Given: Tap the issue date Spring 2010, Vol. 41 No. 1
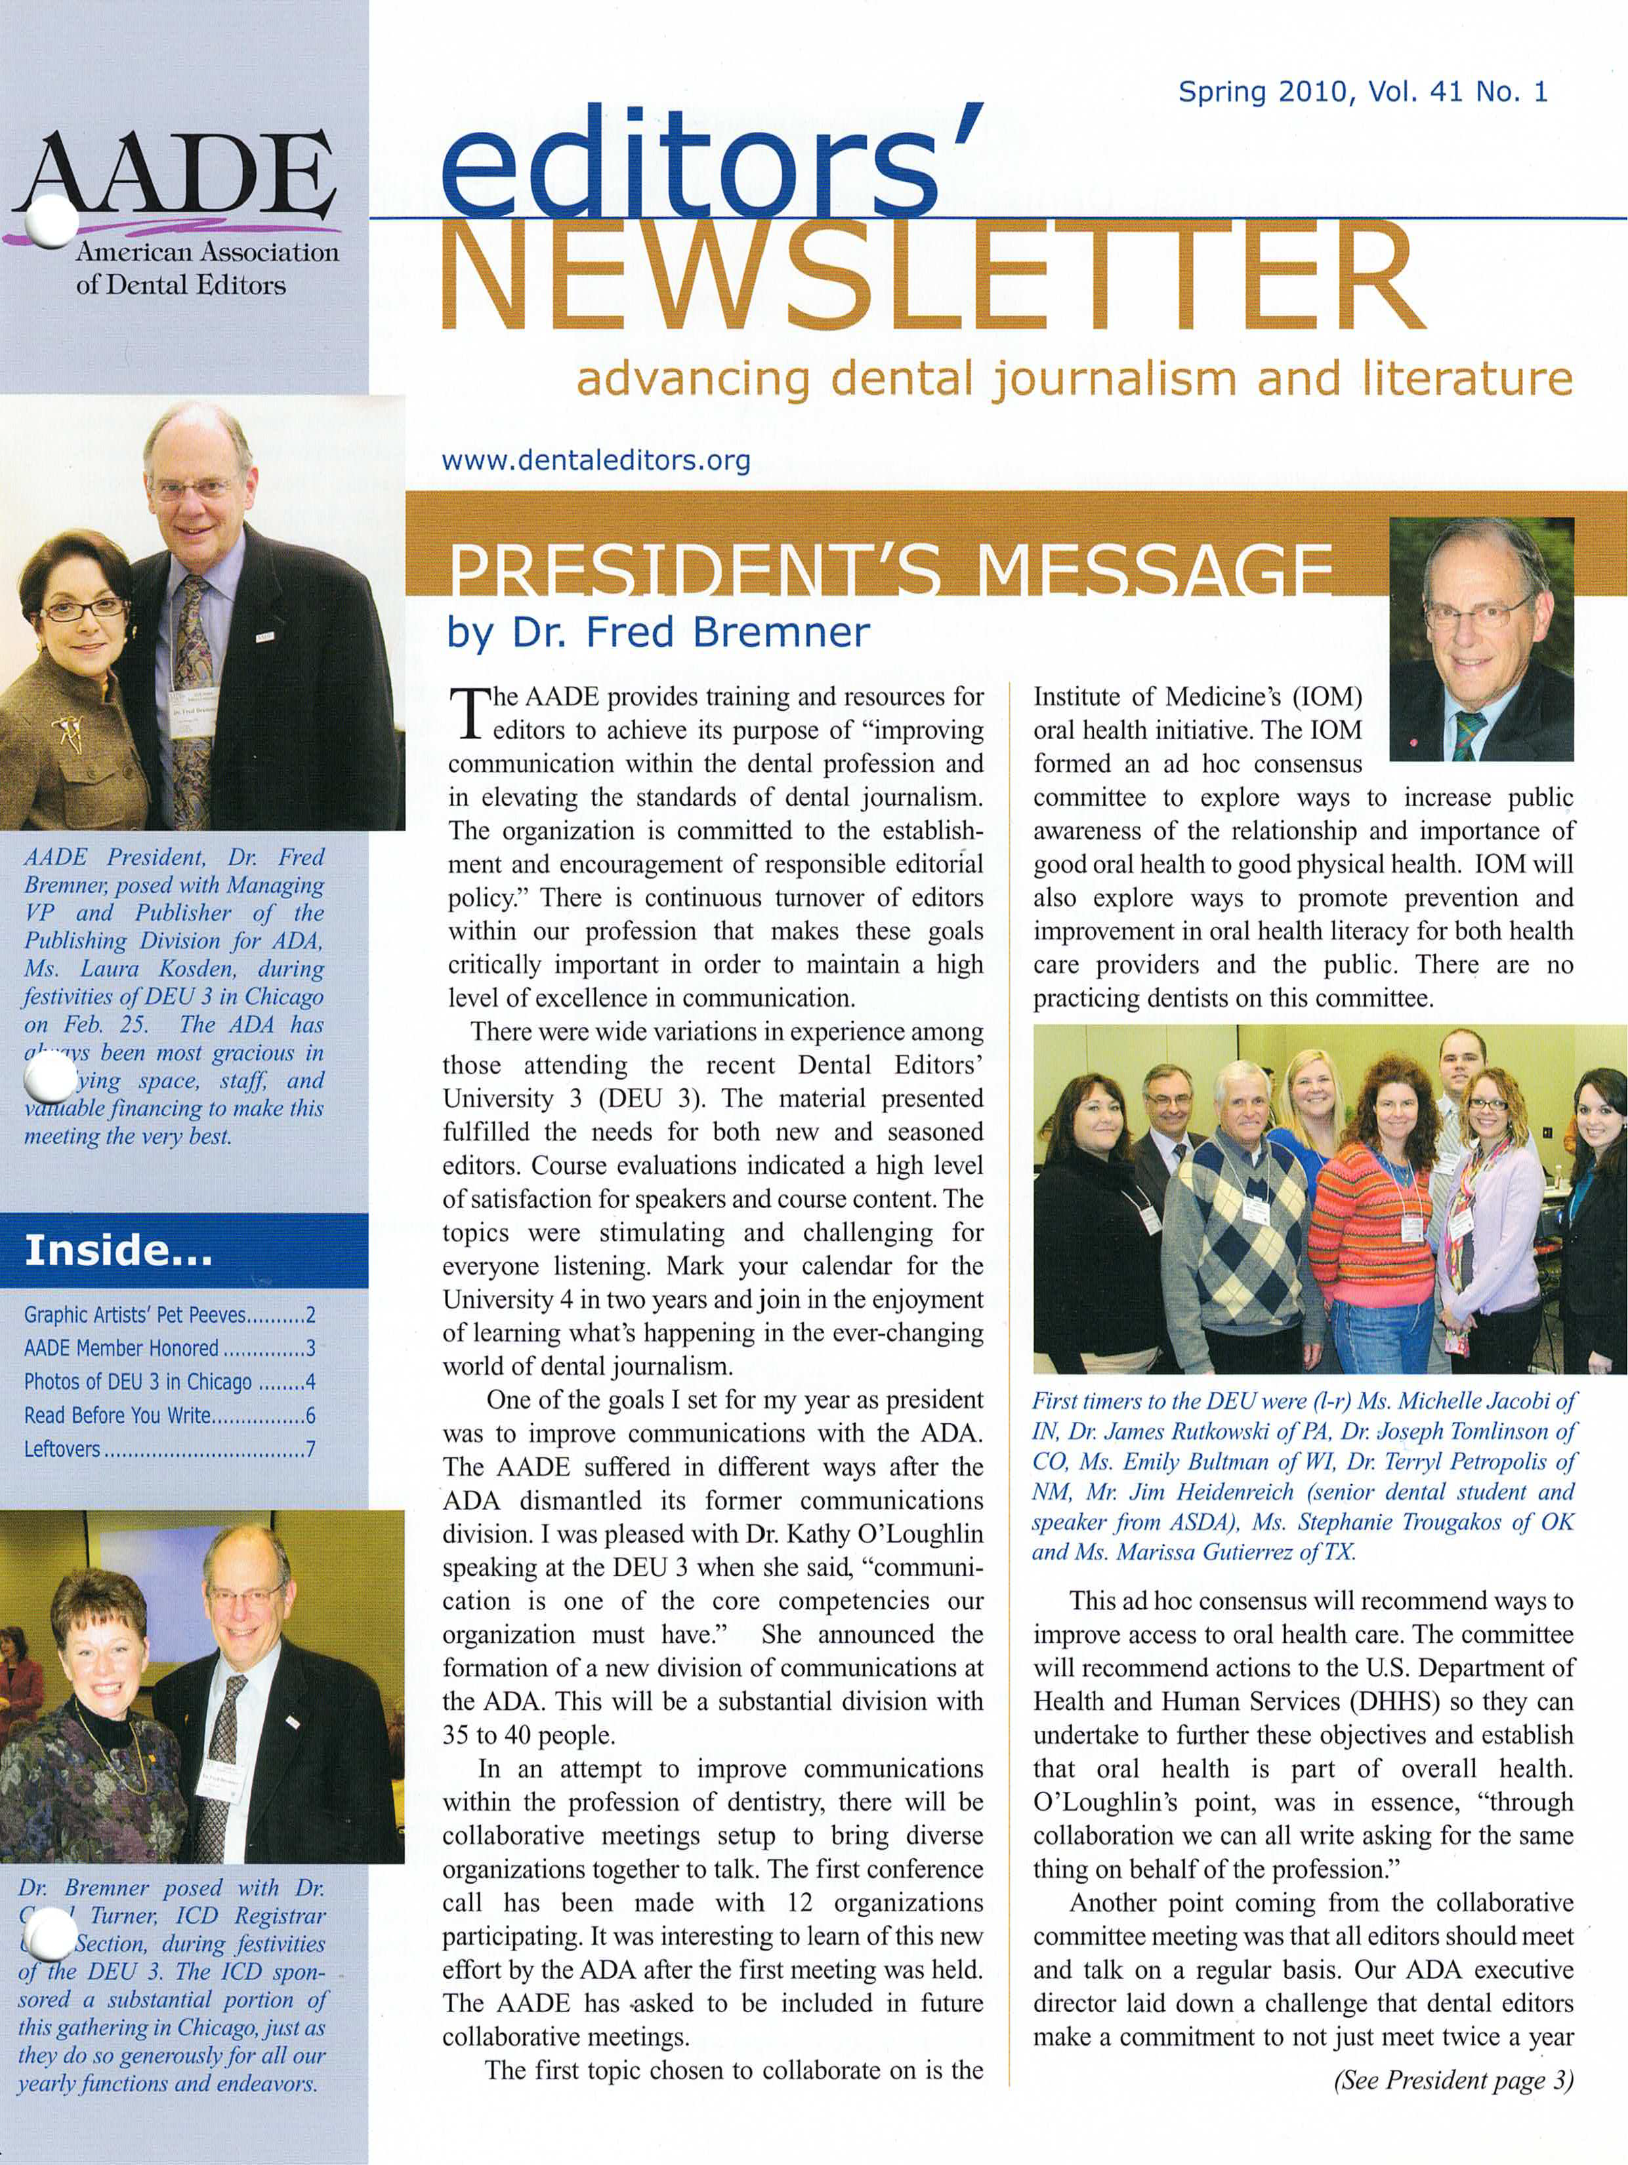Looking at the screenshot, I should click(x=1363, y=92).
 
